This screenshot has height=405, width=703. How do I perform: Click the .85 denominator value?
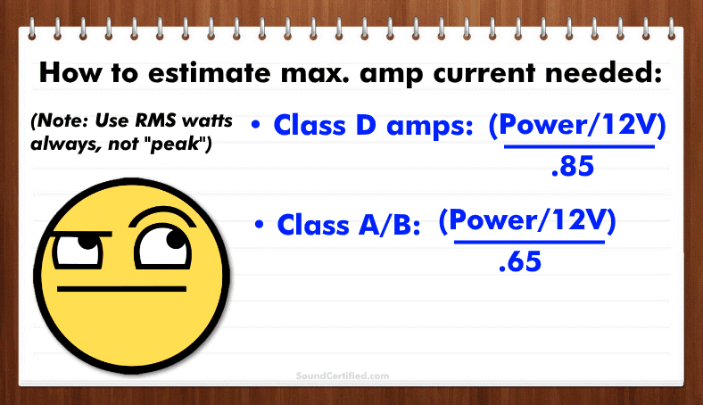point(573,167)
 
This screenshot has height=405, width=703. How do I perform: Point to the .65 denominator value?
point(520,263)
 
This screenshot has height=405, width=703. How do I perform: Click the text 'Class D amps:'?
point(373,127)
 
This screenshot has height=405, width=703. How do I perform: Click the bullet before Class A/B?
point(260,224)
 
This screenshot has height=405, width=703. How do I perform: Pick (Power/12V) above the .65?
point(528,222)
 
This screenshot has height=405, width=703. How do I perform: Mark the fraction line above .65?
point(529,243)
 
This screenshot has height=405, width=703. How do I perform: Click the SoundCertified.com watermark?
point(343,376)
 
